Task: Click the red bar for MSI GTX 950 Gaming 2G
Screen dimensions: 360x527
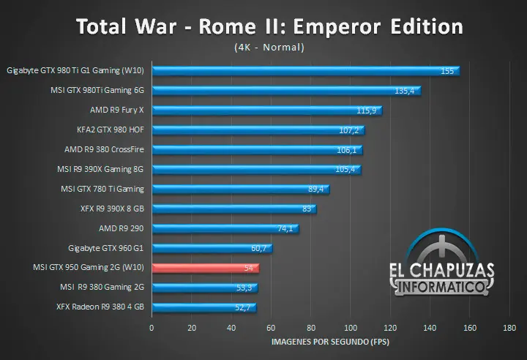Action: (205, 269)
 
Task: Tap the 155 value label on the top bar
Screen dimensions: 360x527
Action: (447, 71)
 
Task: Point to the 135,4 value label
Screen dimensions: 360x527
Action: (405, 91)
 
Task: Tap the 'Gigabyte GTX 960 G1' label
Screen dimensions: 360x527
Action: (106, 248)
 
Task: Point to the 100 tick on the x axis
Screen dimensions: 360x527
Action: (351, 328)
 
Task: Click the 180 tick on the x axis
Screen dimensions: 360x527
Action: (510, 328)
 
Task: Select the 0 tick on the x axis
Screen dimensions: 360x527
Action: (152, 328)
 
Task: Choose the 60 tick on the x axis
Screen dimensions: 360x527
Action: (271, 328)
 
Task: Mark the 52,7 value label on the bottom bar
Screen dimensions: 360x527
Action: (243, 308)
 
